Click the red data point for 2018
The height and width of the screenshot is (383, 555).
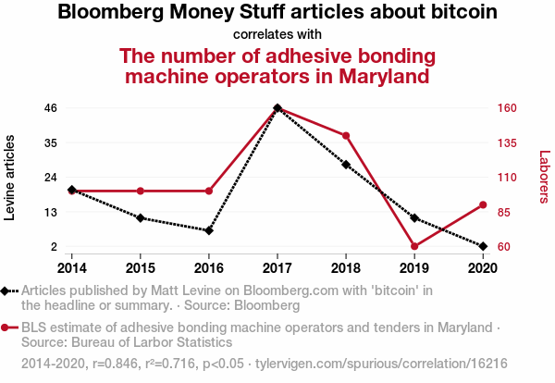[x=346, y=136]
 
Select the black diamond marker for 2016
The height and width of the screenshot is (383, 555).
[x=209, y=230]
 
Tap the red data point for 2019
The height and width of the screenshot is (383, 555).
[x=414, y=246]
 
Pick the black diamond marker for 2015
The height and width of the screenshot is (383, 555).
[x=141, y=218]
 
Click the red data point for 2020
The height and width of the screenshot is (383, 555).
[x=483, y=204]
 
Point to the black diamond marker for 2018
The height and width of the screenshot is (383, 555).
[x=346, y=165]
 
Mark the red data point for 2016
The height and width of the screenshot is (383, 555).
[x=209, y=191]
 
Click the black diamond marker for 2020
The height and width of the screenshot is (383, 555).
[x=483, y=246]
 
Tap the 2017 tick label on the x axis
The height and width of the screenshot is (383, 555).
[x=277, y=268]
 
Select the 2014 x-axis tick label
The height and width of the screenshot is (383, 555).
[x=72, y=268]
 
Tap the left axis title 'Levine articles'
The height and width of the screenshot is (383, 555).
[x=11, y=178]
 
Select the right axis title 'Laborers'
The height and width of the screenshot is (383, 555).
[x=544, y=178]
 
